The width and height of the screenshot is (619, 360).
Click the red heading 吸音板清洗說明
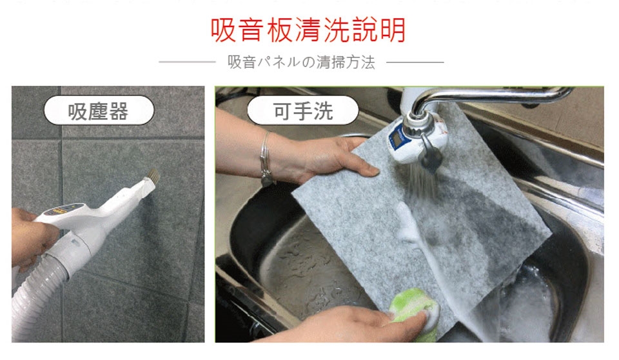(308, 30)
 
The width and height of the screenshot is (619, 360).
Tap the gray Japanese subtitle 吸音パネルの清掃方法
(301, 62)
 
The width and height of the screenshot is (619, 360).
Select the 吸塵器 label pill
(99, 111)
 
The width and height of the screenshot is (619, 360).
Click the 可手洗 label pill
(303, 111)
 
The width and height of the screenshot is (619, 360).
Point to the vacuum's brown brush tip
(153, 175)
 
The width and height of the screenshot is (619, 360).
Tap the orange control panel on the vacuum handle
(63, 210)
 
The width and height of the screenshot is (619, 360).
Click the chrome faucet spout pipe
(489, 95)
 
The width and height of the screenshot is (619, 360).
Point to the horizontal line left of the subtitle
(187, 62)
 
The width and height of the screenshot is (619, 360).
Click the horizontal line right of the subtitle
(415, 62)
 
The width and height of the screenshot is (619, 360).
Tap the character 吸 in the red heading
(223, 30)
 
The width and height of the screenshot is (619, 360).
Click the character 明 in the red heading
(393, 30)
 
